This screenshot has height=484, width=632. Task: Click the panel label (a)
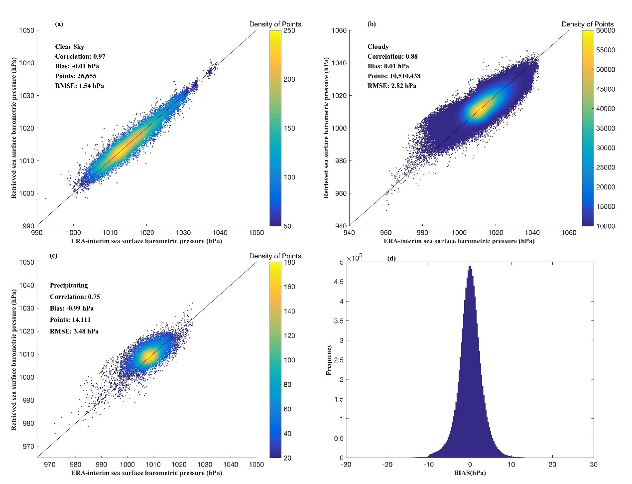(59, 23)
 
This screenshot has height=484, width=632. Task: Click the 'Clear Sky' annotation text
(69, 47)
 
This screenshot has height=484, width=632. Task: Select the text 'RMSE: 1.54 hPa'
(79, 86)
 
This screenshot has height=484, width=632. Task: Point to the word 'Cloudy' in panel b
(378, 47)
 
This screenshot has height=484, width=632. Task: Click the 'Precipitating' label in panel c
(69, 286)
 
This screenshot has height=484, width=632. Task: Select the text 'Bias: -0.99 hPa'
(71, 308)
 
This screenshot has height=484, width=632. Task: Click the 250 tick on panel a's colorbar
(289, 31)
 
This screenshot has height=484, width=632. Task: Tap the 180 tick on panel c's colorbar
(289, 263)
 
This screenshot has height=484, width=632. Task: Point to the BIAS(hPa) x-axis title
(470, 473)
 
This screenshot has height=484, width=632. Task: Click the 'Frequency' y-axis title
(329, 359)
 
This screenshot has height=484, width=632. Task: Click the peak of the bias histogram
(470, 267)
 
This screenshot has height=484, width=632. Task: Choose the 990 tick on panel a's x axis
(37, 232)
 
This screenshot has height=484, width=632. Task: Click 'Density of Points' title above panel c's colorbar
(275, 256)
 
